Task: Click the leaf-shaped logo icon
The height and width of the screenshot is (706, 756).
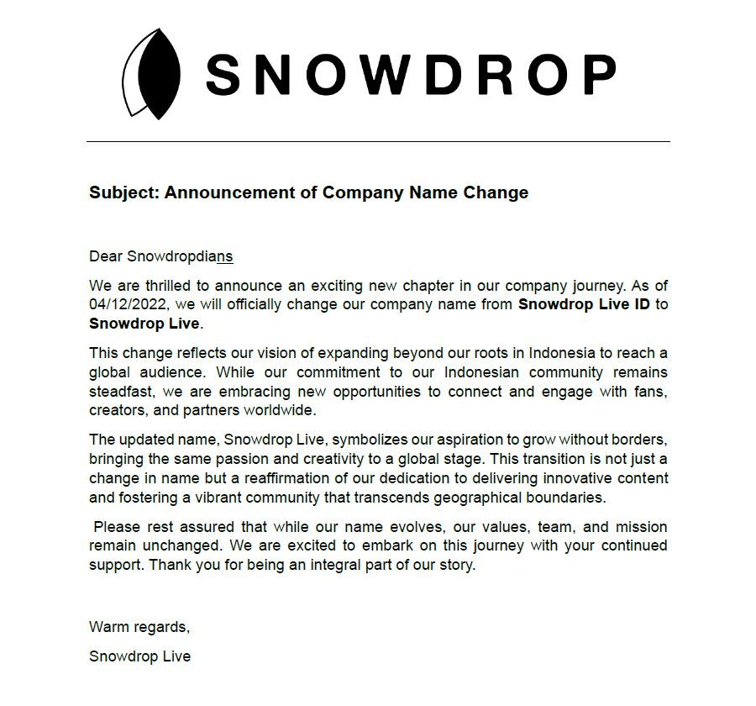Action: (x=154, y=74)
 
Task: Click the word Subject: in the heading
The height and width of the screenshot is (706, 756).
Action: (x=123, y=192)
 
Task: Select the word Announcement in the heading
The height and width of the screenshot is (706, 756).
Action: (x=223, y=192)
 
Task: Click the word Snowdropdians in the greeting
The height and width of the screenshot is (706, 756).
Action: (x=180, y=256)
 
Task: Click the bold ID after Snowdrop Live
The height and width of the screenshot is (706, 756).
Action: (x=643, y=304)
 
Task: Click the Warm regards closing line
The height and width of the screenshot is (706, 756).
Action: (x=139, y=626)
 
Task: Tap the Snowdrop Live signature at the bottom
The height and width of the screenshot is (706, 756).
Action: (x=139, y=656)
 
